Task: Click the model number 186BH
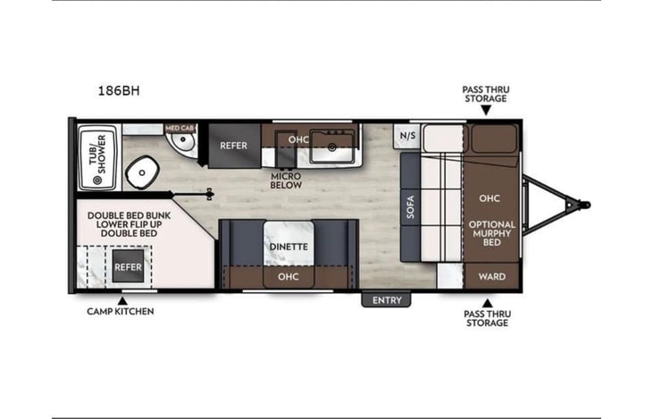click(x=119, y=90)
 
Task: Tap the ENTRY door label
click(x=387, y=300)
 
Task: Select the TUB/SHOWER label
click(x=98, y=155)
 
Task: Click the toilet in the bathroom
click(x=142, y=172)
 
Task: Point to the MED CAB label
click(x=180, y=128)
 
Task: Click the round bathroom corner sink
click(x=183, y=141)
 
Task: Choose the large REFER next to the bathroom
click(x=234, y=146)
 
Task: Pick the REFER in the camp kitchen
click(x=129, y=267)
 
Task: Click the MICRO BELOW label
click(x=286, y=180)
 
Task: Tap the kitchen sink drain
click(x=332, y=147)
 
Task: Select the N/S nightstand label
click(x=407, y=136)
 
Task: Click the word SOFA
click(x=411, y=206)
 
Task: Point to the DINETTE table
click(x=289, y=243)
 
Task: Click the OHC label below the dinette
click(x=289, y=277)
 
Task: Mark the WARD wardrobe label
click(x=492, y=277)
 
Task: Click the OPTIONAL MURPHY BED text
click(x=492, y=233)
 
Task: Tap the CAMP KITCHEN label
click(x=121, y=311)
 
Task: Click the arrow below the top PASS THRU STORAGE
click(x=486, y=111)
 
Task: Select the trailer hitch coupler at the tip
click(x=585, y=205)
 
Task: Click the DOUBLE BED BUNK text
click(x=130, y=215)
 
